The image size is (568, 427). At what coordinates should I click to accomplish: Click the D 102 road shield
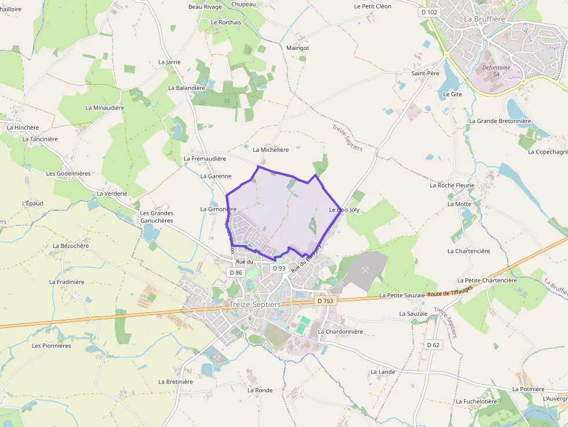tap(429, 12)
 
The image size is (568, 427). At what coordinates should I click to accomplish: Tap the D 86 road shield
tap(235, 272)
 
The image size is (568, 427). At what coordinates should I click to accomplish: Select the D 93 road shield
tap(279, 268)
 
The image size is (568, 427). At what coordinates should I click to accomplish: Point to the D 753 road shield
tap(326, 301)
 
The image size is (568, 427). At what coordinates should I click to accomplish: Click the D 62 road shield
tap(433, 345)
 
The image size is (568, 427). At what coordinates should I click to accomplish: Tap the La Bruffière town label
tap(485, 19)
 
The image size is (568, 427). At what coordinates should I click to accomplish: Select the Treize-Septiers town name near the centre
tap(254, 304)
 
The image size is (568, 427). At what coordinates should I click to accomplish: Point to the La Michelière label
tap(271, 149)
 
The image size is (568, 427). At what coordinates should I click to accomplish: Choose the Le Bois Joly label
tap(344, 210)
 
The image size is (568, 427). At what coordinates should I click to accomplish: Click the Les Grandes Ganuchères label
tap(156, 217)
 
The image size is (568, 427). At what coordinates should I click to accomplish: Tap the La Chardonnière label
tap(340, 331)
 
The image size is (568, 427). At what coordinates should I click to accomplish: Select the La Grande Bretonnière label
tap(500, 121)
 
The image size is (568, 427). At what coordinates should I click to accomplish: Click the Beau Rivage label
tap(205, 7)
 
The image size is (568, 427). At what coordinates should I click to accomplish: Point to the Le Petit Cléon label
tap(373, 6)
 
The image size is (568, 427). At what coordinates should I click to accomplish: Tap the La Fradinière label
tap(67, 282)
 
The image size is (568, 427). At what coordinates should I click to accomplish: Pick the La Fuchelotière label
tap(476, 401)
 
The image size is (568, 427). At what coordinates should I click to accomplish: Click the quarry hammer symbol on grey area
tap(366, 269)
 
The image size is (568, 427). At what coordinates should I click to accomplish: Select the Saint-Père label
tap(425, 74)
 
